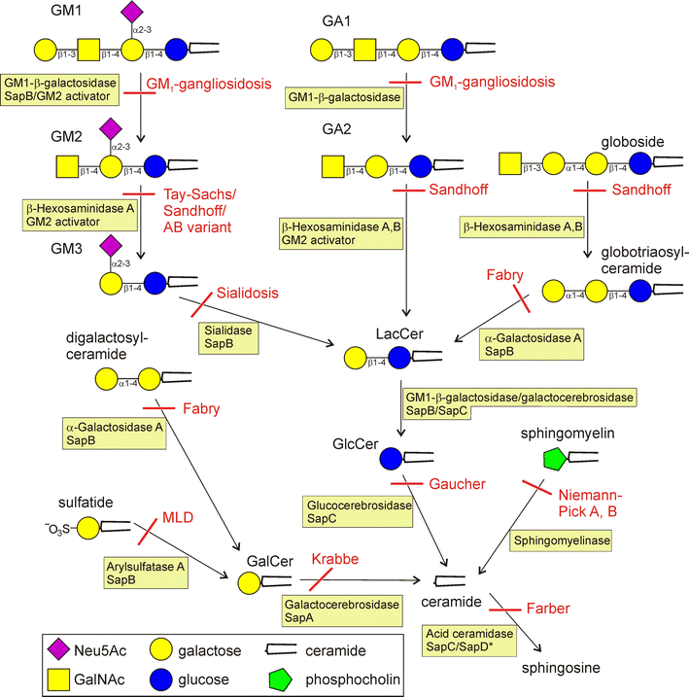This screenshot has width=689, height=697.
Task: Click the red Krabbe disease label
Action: coord(334,561)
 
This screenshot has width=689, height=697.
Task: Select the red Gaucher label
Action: coord(457,483)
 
